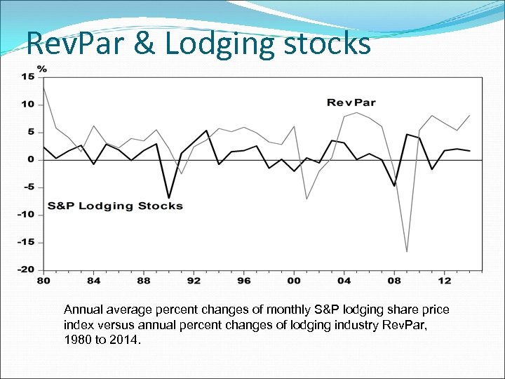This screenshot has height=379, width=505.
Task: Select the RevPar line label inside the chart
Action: (351, 102)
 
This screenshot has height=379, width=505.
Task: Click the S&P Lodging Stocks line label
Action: (115, 206)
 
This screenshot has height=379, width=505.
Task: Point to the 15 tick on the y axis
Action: (27, 76)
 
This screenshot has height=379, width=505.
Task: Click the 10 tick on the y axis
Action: (27, 105)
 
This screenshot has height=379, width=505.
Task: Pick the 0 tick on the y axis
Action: (31, 159)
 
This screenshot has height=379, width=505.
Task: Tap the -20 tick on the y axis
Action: (26, 270)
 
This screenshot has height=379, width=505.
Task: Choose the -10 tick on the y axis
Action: (26, 215)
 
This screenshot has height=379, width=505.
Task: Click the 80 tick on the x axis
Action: (44, 281)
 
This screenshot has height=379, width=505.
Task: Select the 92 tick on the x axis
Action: (193, 281)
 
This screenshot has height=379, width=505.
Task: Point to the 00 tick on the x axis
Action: (293, 281)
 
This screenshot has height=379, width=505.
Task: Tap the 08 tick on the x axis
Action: (394, 281)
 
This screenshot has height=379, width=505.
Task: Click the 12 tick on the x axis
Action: (444, 281)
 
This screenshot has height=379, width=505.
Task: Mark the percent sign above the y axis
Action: (42, 69)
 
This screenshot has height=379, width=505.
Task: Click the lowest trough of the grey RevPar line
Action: (407, 251)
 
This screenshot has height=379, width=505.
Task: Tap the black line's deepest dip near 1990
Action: (168, 198)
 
